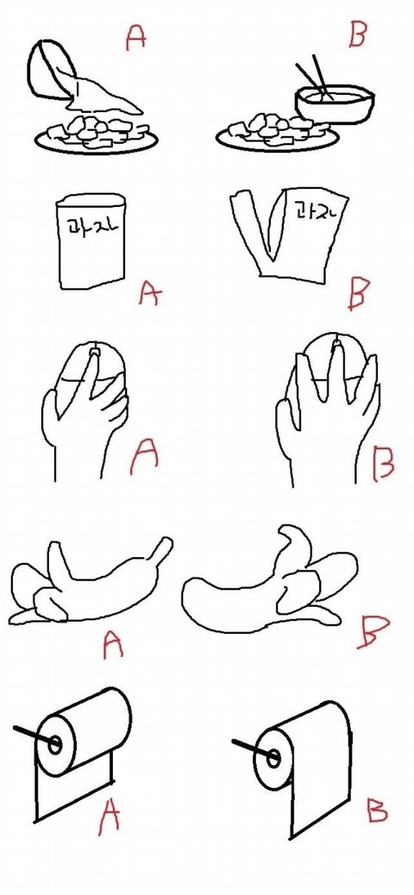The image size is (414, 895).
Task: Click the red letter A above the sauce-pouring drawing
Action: tap(136, 38)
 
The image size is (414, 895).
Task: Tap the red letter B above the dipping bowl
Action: tap(356, 34)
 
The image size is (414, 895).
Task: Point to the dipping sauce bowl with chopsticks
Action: tap(335, 103)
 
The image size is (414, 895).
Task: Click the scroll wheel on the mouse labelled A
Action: tap(94, 347)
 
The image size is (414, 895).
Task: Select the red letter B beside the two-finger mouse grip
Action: tap(383, 463)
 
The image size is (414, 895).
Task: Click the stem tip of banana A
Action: tap(166, 541)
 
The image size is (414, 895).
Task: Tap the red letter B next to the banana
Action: tap(373, 632)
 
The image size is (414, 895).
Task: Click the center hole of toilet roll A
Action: tap(55, 744)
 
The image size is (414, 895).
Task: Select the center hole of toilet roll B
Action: tap(273, 758)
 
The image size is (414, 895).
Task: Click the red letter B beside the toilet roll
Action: tap(378, 811)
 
